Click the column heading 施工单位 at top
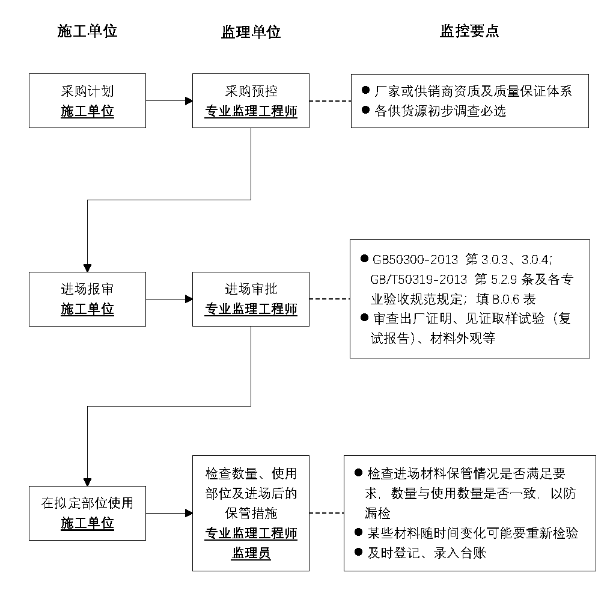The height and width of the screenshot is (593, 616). (x=87, y=31)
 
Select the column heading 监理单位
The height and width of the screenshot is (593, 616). (x=251, y=32)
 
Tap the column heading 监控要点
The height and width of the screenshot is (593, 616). (x=469, y=31)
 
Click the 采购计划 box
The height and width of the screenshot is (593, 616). (x=87, y=100)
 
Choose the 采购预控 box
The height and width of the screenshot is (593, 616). (x=251, y=100)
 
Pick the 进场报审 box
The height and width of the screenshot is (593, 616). (x=87, y=299)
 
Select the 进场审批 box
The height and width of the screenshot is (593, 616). (x=251, y=299)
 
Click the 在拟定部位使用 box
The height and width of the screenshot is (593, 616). (x=87, y=513)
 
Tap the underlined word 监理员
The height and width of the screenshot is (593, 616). (x=251, y=553)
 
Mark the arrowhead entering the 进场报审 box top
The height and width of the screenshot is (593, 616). (x=88, y=268)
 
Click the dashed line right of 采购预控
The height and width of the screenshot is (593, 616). (x=330, y=101)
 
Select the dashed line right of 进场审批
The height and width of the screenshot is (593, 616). (x=329, y=299)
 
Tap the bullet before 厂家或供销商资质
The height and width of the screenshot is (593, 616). (x=365, y=90)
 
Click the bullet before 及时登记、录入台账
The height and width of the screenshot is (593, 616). (x=358, y=552)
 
